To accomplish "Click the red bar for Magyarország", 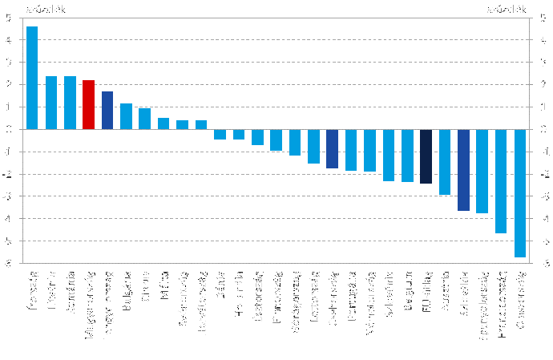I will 88,104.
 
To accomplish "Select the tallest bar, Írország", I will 32,78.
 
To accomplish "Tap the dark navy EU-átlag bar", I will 426,156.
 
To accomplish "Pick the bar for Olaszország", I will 520,192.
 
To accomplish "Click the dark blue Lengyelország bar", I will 107,110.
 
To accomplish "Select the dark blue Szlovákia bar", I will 464,170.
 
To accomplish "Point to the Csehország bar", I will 333,148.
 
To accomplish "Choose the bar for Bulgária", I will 126,116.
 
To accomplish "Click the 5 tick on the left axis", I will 8,17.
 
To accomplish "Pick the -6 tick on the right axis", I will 543,264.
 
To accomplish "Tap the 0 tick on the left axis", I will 8,129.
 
